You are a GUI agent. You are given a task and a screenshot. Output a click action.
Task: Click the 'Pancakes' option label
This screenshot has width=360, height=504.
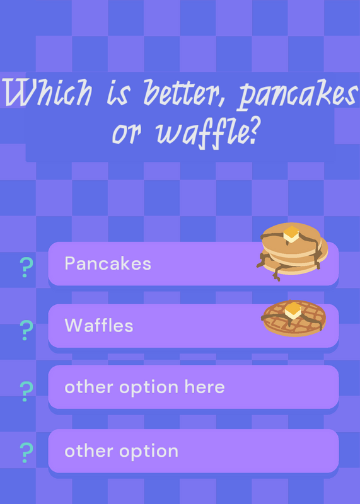coord(108,263)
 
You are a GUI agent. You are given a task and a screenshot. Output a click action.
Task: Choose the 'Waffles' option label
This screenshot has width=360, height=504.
coord(99,325)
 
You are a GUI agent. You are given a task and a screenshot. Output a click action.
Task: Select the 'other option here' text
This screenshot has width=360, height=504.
coord(144,387)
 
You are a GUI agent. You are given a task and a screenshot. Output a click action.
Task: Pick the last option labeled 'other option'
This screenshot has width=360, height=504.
coord(121,451)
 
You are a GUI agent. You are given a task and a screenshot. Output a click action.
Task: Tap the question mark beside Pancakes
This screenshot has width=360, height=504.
coord(26,267)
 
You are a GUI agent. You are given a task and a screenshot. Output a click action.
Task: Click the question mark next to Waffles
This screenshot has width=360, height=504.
coord(26,330)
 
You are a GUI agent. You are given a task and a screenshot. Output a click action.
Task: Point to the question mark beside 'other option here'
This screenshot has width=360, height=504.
coord(26,391)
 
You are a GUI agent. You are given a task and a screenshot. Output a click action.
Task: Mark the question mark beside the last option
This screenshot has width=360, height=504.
coord(26,452)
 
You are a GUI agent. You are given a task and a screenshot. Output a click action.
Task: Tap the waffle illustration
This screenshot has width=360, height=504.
coord(294,318)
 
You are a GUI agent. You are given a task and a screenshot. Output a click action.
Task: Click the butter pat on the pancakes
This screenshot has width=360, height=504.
coord(291,234)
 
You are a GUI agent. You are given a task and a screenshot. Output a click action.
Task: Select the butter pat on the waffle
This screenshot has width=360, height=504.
coord(293,310)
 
